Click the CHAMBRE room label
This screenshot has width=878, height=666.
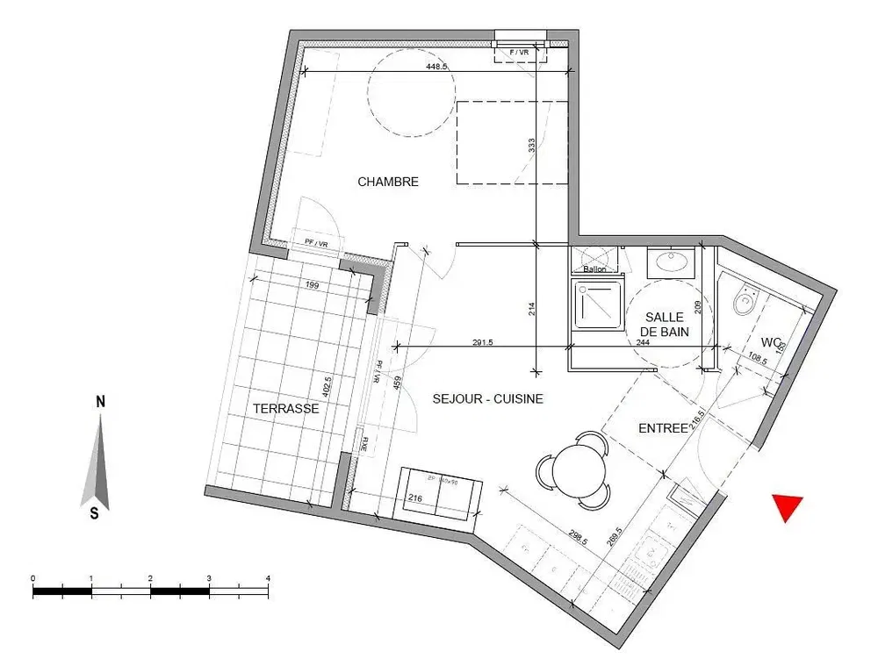(388, 183)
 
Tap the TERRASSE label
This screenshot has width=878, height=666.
(286, 409)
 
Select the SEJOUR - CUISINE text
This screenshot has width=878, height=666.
(488, 398)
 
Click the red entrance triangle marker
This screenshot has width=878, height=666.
(787, 507)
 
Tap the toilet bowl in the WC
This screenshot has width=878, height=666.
(745, 303)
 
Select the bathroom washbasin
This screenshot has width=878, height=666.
(672, 261)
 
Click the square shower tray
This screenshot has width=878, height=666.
(596, 304)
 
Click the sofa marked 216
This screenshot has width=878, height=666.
(440, 496)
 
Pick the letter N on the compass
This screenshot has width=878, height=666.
(101, 402)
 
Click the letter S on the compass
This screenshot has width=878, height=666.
(94, 514)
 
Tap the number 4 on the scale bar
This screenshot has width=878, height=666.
(268, 578)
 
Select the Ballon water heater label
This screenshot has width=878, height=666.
(594, 269)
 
